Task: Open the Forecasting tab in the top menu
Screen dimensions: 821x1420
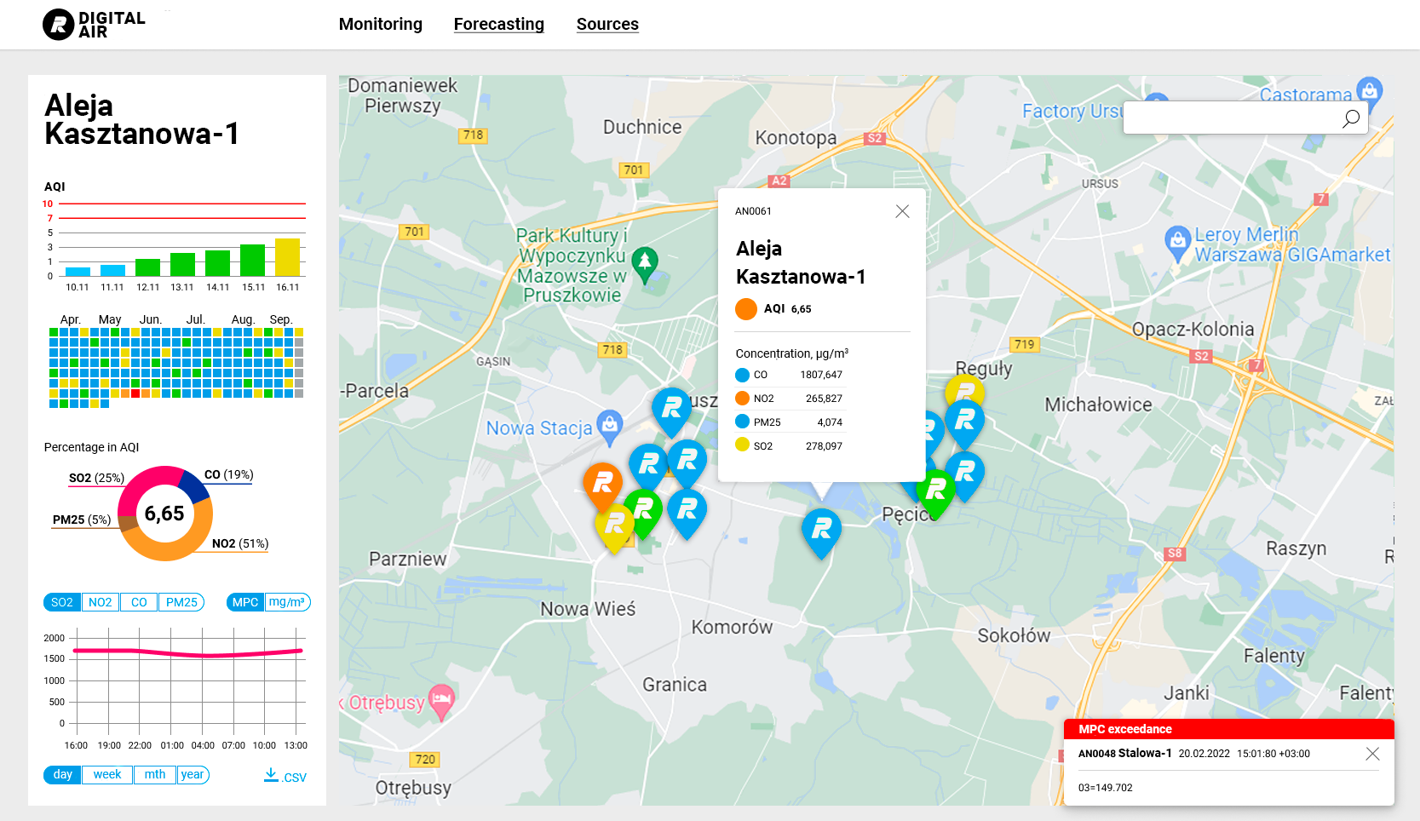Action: click(498, 25)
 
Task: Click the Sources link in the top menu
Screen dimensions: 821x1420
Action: click(607, 25)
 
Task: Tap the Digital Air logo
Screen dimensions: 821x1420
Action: click(94, 25)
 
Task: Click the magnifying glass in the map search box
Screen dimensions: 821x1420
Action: click(1350, 118)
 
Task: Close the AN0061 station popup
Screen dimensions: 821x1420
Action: click(902, 211)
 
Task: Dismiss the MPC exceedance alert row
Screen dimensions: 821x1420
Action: click(1371, 754)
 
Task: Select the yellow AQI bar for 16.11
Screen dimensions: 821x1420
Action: click(287, 257)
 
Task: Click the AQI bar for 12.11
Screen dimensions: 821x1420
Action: click(147, 267)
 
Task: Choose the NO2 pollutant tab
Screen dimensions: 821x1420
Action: click(100, 602)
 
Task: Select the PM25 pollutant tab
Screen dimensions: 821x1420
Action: click(181, 602)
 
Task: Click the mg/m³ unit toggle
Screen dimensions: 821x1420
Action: click(287, 602)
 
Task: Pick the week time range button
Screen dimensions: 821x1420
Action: click(107, 774)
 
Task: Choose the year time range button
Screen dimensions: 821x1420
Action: click(193, 774)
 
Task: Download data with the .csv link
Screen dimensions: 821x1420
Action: click(285, 776)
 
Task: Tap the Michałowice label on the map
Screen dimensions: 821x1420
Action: click(1098, 405)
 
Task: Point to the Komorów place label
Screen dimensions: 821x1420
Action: click(732, 628)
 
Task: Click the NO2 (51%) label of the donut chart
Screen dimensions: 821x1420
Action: click(239, 543)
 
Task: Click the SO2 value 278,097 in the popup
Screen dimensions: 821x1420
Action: click(824, 446)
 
